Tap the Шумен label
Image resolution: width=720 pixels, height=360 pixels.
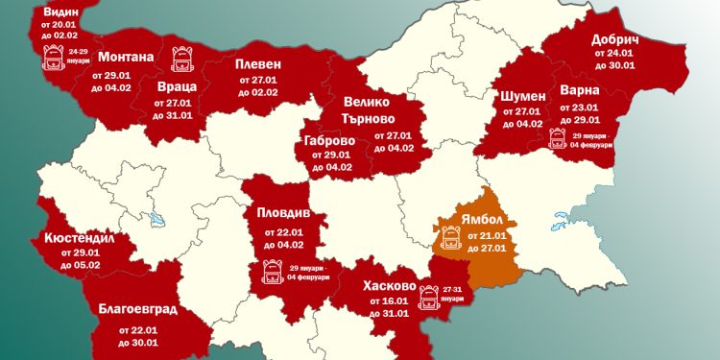[x=523, y=96]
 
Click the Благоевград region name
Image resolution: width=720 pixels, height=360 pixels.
[x=136, y=309]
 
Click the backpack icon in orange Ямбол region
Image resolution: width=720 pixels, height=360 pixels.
[x=450, y=235]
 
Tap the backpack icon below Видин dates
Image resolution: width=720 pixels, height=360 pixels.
[x=53, y=60]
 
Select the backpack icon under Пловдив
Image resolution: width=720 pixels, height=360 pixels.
[x=270, y=273]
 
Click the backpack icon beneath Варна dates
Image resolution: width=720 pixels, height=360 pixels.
[x=557, y=137]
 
